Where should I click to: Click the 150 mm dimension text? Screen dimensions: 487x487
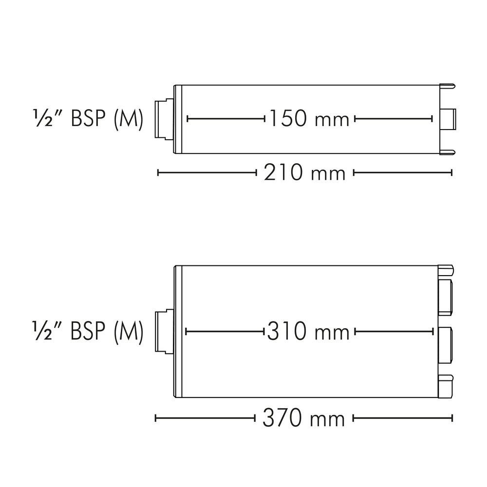[309, 119]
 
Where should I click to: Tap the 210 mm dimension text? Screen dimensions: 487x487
[305, 173]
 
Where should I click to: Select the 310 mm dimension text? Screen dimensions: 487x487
[308, 332]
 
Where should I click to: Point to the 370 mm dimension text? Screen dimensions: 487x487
[304, 418]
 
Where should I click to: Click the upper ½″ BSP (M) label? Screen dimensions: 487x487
[88, 118]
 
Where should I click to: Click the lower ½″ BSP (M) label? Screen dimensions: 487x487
[88, 332]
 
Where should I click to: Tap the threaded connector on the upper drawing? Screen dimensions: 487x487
[164, 119]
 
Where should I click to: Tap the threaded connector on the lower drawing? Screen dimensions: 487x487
[164, 332]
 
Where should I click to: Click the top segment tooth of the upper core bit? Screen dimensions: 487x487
[448, 86]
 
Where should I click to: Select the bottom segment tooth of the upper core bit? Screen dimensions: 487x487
[448, 152]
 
